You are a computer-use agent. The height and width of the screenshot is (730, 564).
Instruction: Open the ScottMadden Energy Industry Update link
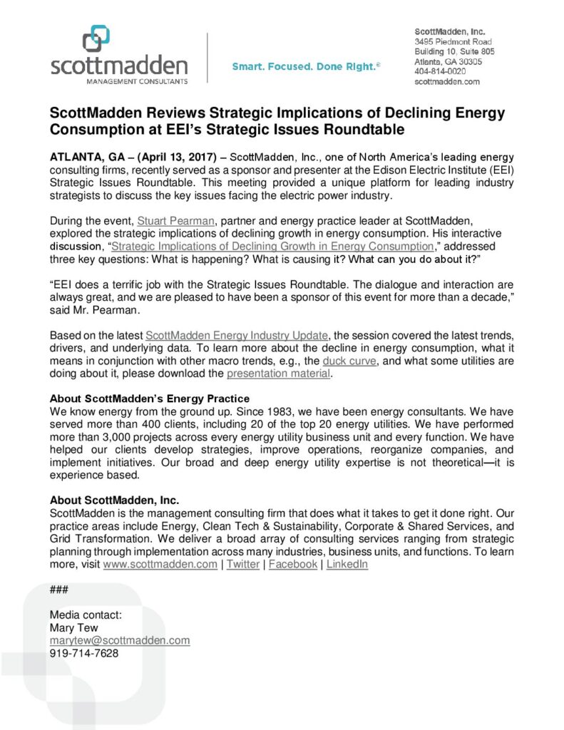click(x=236, y=334)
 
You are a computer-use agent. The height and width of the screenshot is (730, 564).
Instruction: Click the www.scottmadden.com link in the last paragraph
click(x=160, y=564)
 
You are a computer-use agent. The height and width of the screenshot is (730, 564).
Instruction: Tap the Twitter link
click(x=243, y=564)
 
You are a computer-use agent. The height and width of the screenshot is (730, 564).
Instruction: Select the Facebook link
click(x=293, y=564)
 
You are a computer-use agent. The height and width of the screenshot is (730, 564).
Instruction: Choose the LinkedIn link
click(x=347, y=564)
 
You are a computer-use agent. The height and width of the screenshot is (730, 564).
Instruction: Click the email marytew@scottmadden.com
click(x=120, y=640)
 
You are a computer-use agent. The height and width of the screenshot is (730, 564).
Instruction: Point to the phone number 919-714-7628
click(x=84, y=653)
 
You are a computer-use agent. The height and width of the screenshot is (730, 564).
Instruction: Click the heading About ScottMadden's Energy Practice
click(x=149, y=398)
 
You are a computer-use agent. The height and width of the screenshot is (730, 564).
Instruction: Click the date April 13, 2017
click(x=179, y=156)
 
